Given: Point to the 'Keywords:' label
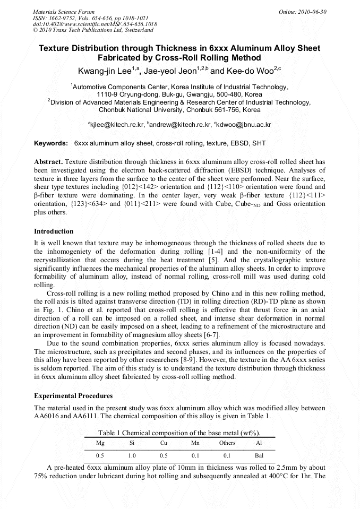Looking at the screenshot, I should point(51,143).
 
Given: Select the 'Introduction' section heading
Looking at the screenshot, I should point(54,231).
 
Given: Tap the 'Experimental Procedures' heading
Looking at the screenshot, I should point(73,396).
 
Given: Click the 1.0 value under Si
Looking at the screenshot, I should point(132,455).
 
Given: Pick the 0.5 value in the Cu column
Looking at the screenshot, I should point(164,455).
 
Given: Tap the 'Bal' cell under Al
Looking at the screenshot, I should point(259,455).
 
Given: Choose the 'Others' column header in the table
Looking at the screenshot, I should point(227,443).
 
